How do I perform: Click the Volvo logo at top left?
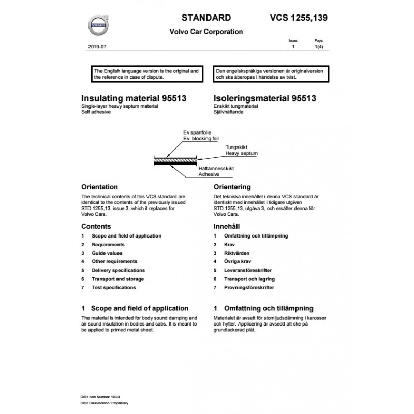[x=98, y=24]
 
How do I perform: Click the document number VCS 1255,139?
[x=299, y=18]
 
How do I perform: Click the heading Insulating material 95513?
[x=134, y=97]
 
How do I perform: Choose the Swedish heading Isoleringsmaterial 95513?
[x=265, y=97]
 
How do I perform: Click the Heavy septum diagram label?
[x=241, y=154]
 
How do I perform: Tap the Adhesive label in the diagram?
[x=209, y=175]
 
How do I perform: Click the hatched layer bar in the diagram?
[x=176, y=161]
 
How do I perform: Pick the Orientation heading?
[x=100, y=187]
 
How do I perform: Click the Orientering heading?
[x=232, y=187]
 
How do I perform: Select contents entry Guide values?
[x=107, y=253]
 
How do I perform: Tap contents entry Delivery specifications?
[x=118, y=270]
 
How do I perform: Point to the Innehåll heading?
[x=227, y=227]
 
